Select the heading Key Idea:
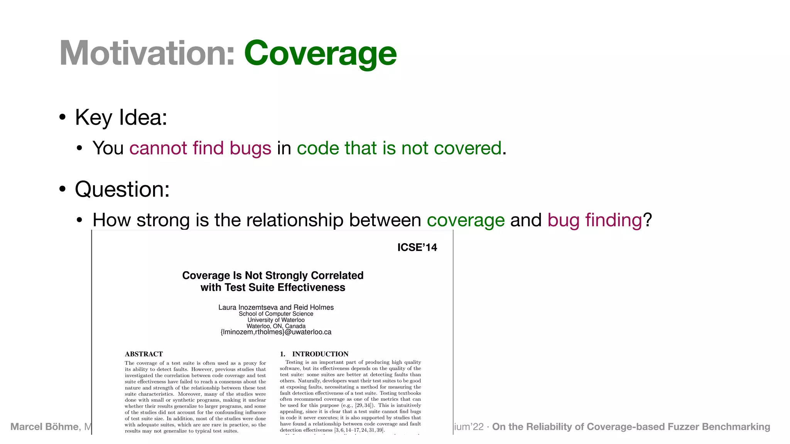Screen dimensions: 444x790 coord(121,117)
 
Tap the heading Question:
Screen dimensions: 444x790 coord(122,189)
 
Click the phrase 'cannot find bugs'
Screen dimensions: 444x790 coord(200,148)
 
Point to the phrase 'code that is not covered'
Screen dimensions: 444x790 coord(399,148)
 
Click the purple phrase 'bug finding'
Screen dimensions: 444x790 coord(594,220)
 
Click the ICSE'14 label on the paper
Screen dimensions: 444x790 coord(417,247)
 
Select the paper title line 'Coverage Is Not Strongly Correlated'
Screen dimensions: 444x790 coord(273,275)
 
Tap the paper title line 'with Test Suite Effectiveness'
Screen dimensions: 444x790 coord(273,288)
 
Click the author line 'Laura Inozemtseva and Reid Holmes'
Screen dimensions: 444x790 coord(276,307)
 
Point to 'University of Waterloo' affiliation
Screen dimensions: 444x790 coord(276,320)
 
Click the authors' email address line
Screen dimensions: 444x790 coord(276,332)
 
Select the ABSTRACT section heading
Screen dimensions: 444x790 coord(143,354)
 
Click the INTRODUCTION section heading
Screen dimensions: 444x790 coord(320,354)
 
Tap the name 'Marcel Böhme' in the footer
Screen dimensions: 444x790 coord(44,427)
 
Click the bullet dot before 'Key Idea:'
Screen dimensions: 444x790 coord(62,117)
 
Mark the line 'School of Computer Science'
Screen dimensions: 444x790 coord(276,314)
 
